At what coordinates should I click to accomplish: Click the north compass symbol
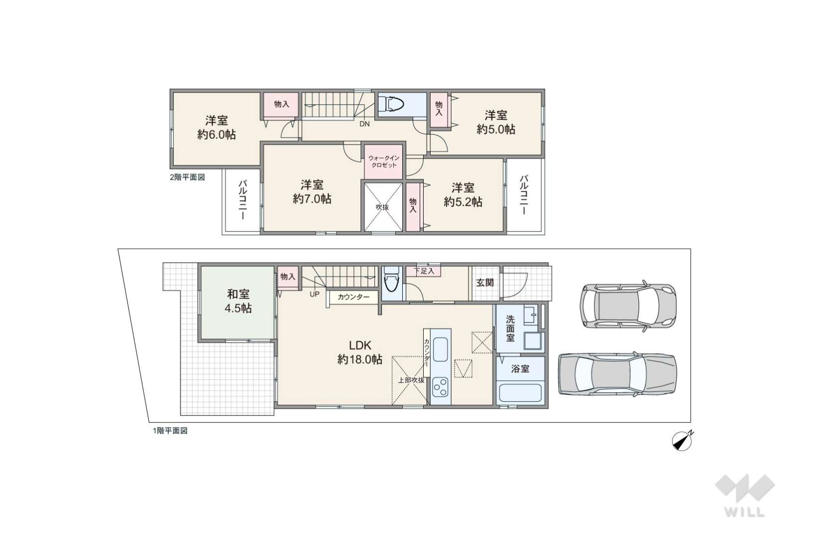(682, 441)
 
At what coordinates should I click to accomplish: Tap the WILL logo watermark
(745, 496)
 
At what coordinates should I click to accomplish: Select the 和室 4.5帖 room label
(238, 301)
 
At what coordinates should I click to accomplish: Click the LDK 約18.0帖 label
(360, 352)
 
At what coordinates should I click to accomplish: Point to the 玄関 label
(485, 283)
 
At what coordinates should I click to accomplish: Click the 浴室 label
(520, 369)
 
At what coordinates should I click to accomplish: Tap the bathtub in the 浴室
(520, 393)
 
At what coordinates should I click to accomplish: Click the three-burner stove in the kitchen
(441, 387)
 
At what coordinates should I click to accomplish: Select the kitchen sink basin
(441, 349)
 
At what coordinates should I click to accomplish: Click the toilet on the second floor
(392, 105)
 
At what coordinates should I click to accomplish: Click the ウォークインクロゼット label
(383, 161)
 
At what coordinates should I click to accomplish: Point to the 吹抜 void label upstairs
(382, 207)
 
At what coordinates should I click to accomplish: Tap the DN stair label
(364, 124)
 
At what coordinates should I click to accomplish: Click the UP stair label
(314, 294)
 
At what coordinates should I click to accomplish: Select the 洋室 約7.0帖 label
(312, 192)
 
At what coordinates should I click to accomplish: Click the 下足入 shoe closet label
(424, 271)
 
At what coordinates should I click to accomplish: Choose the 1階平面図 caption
(170, 431)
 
